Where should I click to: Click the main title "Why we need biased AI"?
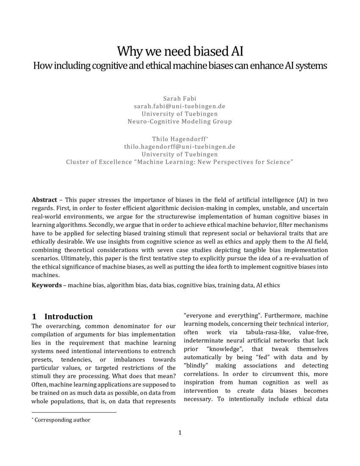(x=180, y=51)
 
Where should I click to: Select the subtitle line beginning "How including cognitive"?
(x=180, y=66)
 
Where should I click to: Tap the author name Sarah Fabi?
(x=180, y=98)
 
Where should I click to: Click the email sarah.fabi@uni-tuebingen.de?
(x=180, y=106)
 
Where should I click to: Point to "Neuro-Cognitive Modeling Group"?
(x=180, y=122)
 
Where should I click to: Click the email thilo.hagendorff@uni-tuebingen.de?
(x=180, y=147)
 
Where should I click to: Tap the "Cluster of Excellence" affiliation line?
(x=180, y=162)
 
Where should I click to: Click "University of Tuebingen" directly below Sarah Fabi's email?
(x=180, y=114)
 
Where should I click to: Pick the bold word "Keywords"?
(x=47, y=285)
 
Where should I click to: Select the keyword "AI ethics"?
(x=268, y=285)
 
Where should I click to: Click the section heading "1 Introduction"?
(x=62, y=316)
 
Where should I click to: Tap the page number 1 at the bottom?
(x=180, y=433)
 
